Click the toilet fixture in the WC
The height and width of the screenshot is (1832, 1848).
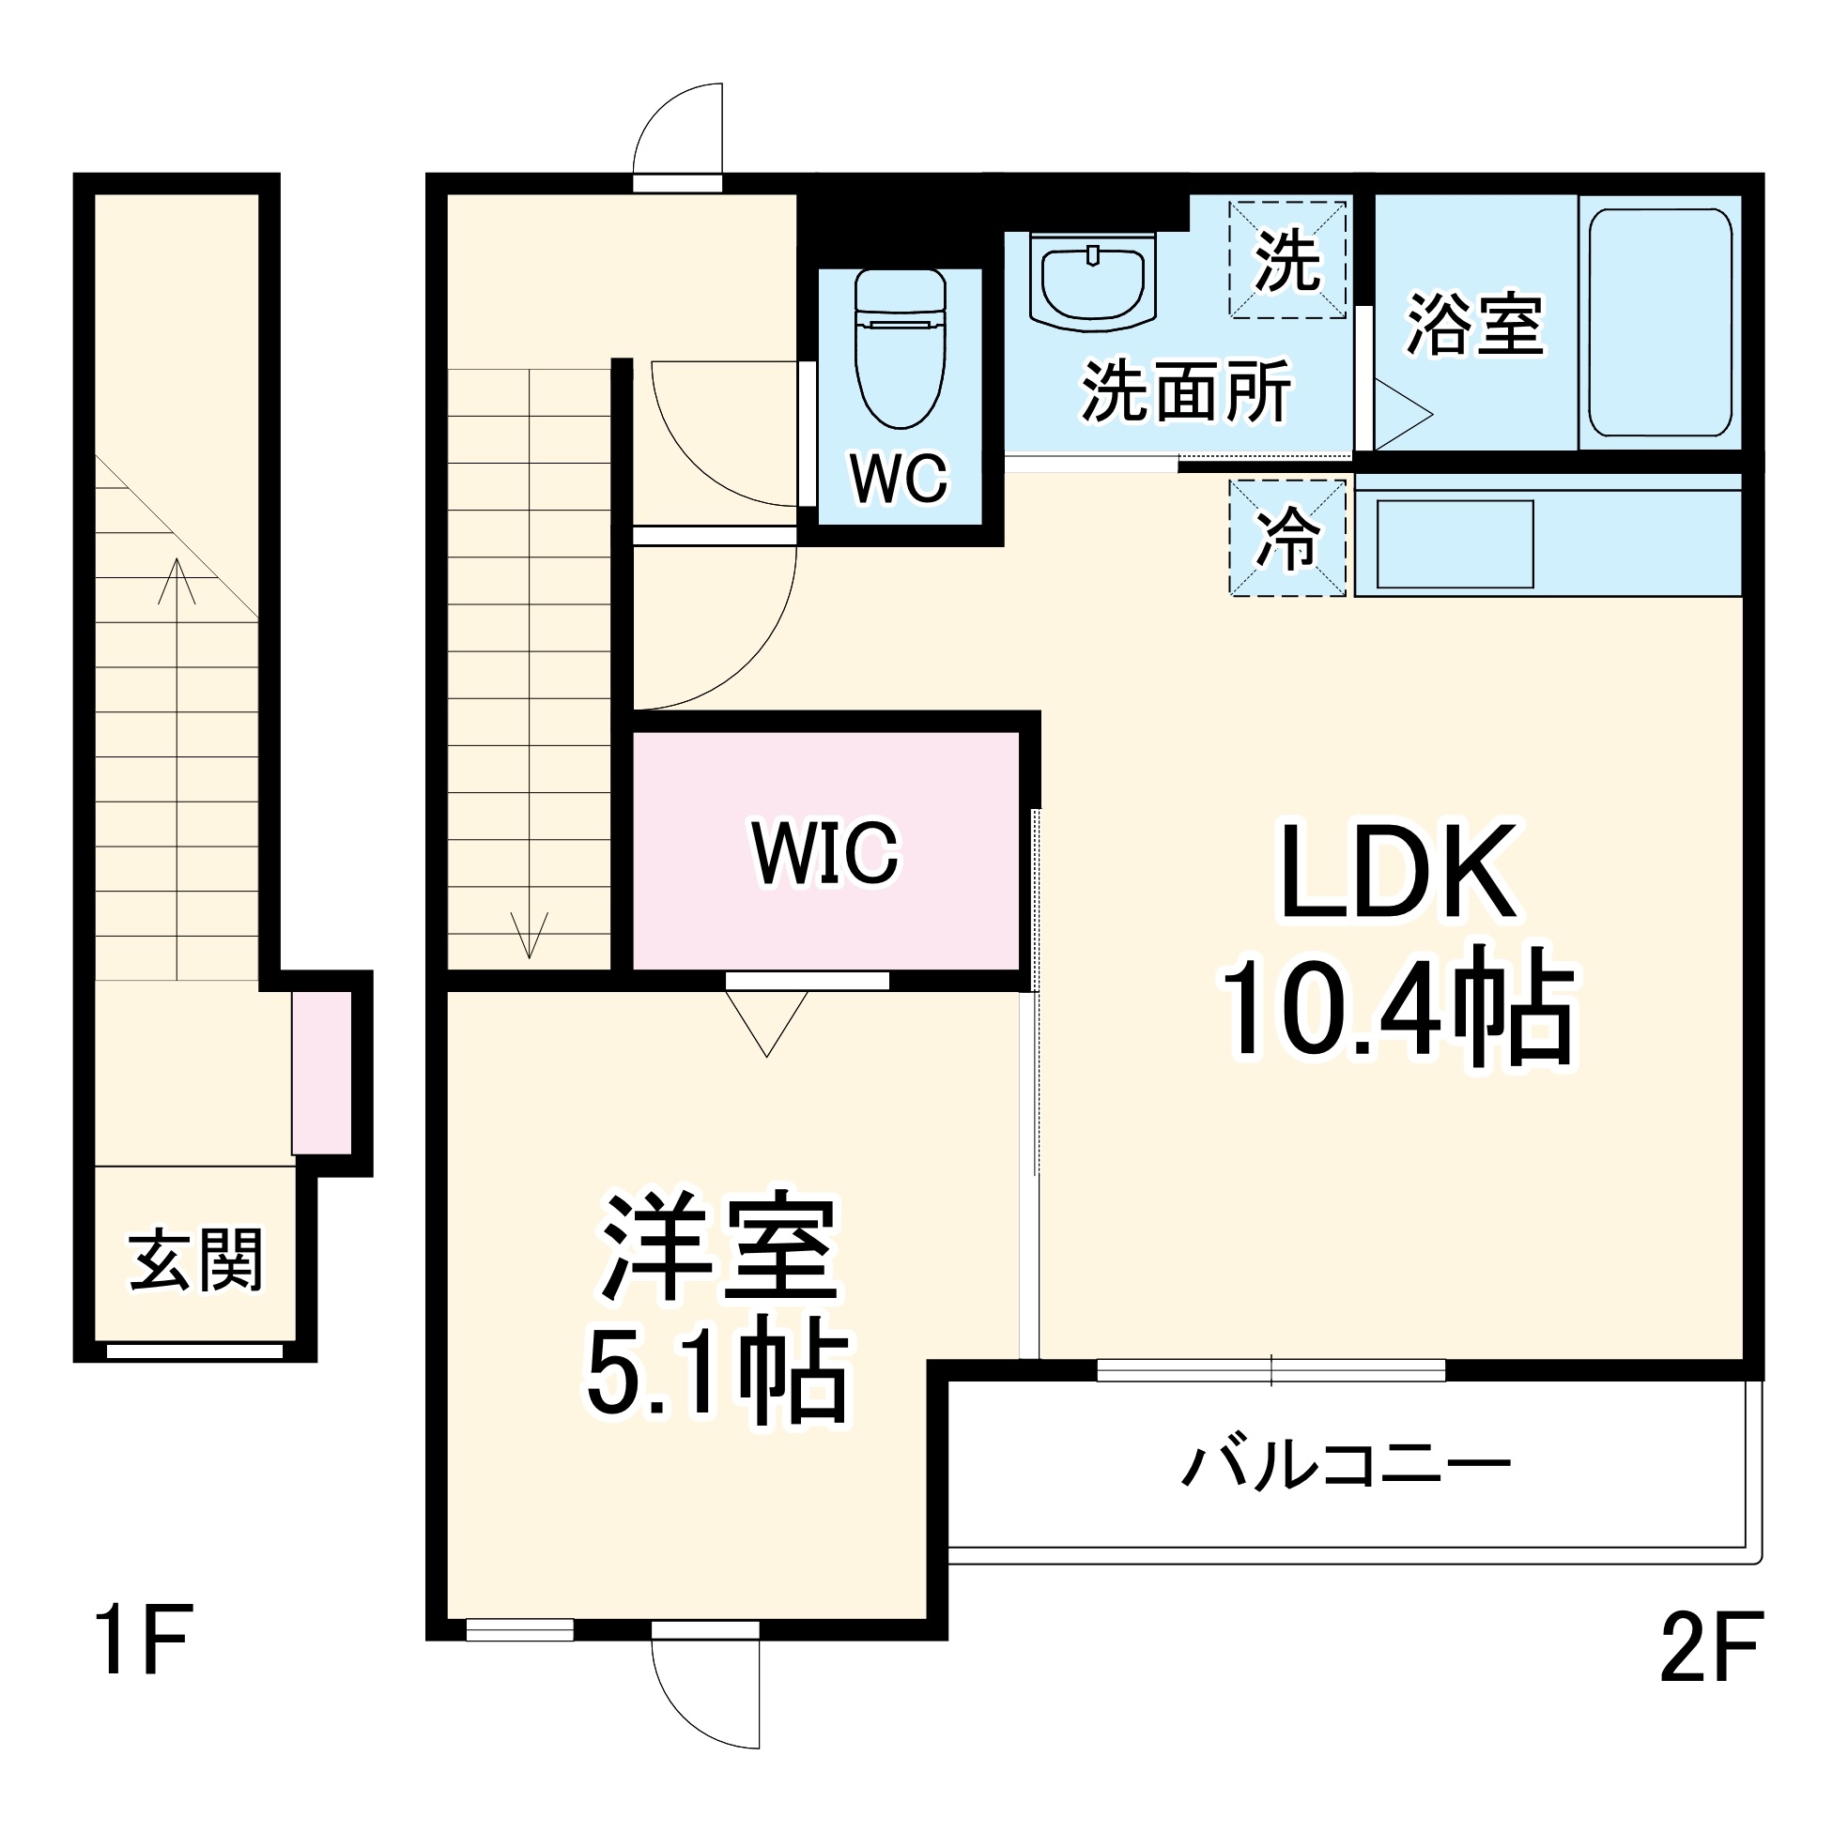pos(900,349)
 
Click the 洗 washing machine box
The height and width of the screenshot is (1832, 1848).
pos(1286,259)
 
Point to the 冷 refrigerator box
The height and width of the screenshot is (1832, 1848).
pos(1286,539)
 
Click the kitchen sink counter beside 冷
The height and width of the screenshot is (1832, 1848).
pos(1454,543)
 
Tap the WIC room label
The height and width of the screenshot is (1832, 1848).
pos(824,853)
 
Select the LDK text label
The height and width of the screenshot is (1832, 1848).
pos(1398,872)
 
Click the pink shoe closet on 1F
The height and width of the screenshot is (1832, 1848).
pos(321,1073)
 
